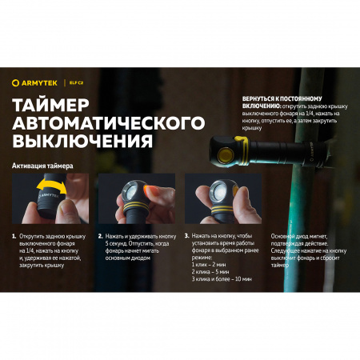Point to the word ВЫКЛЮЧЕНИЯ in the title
(x=82, y=142)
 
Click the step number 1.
(x=14, y=237)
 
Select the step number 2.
(x=100, y=237)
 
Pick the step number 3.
(x=186, y=237)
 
